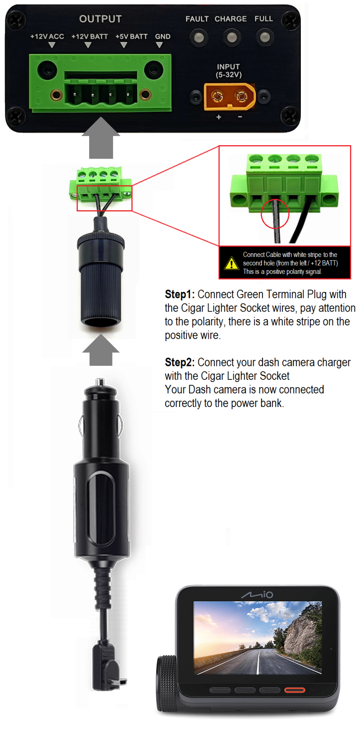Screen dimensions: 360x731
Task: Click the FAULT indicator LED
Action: point(198,38)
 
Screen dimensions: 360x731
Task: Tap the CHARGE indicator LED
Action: point(231,38)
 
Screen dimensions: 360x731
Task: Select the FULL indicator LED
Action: point(265,38)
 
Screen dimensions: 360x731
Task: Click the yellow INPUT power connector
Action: point(230,97)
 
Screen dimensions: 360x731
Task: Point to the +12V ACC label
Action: point(47,37)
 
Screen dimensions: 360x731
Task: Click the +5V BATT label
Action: point(132,37)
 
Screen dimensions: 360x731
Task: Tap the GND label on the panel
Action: point(163,37)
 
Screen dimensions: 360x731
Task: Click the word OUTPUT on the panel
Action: point(101,19)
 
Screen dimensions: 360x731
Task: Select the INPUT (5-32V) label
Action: point(228,71)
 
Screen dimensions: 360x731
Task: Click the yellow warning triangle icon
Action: point(232,263)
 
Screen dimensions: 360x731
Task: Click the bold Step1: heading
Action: point(180,294)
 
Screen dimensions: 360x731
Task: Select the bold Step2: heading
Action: point(180,362)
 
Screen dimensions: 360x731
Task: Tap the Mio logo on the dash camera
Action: point(257,595)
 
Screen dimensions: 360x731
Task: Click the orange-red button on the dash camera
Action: point(295,689)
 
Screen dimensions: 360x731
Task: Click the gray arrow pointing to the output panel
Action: point(101,138)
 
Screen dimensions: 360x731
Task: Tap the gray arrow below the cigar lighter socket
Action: point(101,349)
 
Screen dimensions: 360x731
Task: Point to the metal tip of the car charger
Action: point(100,382)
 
